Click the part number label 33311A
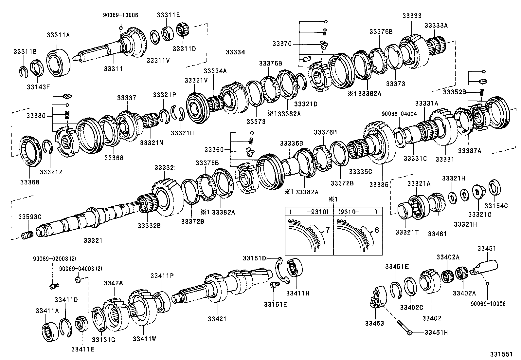pyautogui.click(x=58, y=35)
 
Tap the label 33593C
pyautogui.click(x=30, y=217)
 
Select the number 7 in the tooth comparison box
pyautogui.click(x=328, y=230)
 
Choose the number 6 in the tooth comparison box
pyautogui.click(x=376, y=230)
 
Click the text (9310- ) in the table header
pyautogui.click(x=358, y=212)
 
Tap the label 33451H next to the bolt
pyautogui.click(x=436, y=332)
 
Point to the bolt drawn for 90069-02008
pyautogui.click(x=54, y=286)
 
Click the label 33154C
pyautogui.click(x=496, y=206)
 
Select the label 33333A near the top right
pyautogui.click(x=436, y=26)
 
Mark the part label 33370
pyautogui.click(x=282, y=44)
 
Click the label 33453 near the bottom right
pyautogui.click(x=374, y=324)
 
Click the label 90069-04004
pyautogui.click(x=399, y=114)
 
